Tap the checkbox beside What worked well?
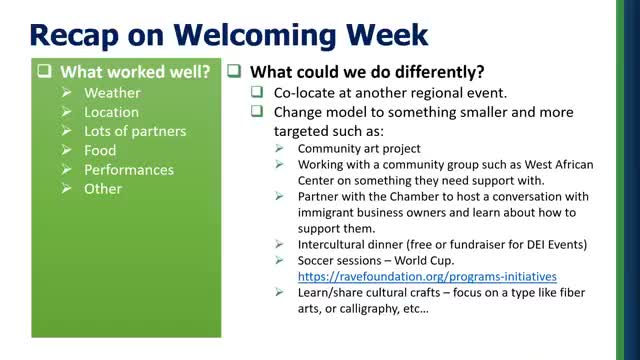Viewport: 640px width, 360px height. pos(46,72)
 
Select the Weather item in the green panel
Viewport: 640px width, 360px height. pos(112,93)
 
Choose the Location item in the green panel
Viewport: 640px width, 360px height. pos(111,112)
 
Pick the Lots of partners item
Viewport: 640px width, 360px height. pos(135,131)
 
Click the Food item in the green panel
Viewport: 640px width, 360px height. pos(100,150)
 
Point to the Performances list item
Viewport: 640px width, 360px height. pos(129,169)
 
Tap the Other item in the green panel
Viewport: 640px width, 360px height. pos(103,188)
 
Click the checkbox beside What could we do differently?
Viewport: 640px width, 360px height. pos(232,72)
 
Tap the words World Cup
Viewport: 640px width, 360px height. pos(429,259)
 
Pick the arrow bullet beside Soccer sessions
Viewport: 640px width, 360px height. pos(279,259)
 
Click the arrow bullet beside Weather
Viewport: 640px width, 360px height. pos(67,93)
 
